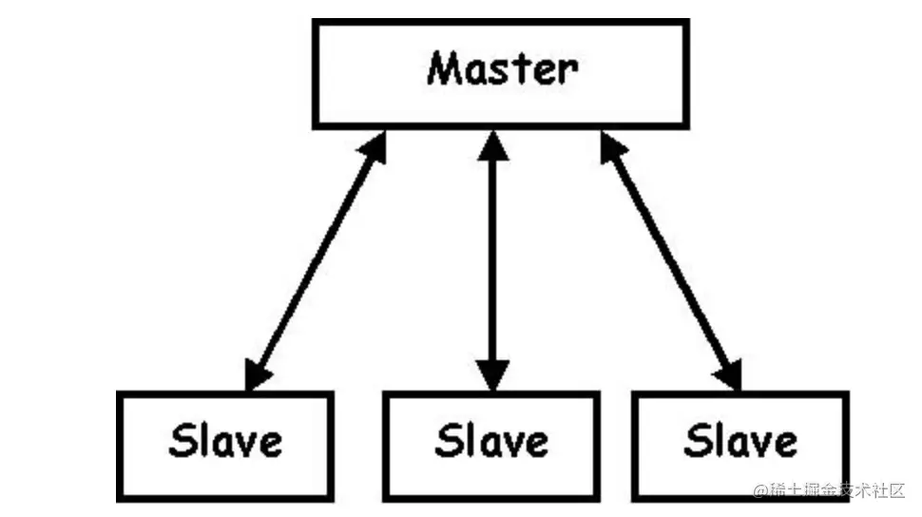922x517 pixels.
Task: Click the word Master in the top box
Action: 502,68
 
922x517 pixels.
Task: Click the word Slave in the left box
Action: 225,441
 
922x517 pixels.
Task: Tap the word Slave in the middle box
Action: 491,441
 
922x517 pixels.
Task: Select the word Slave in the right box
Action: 740,441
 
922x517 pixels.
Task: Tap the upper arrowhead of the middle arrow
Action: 492,145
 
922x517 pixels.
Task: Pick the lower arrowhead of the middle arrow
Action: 492,375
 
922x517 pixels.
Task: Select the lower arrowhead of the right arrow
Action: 728,374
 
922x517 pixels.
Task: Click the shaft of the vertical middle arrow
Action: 492,260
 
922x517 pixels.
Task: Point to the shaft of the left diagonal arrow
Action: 316,260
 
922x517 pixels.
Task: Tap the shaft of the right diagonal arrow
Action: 671,260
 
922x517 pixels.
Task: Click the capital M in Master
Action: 446,68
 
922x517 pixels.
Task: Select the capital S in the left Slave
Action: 182,441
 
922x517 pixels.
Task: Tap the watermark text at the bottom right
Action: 829,490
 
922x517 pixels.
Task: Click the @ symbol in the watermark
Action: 760,490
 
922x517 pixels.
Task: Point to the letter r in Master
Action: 569,73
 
